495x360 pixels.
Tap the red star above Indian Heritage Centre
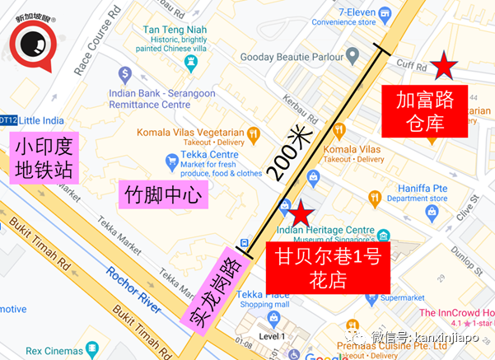point(302,212)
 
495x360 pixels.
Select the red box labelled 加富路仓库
point(425,112)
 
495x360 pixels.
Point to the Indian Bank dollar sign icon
point(124,72)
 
